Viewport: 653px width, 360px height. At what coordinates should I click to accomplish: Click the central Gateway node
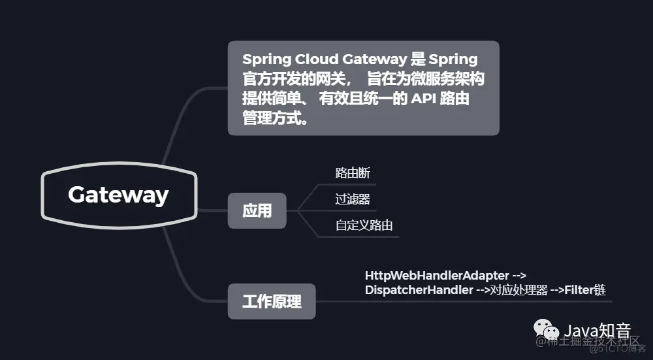pos(118,195)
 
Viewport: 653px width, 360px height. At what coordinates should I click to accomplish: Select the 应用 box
pos(257,210)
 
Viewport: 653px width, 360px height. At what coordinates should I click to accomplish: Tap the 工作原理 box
pos(272,301)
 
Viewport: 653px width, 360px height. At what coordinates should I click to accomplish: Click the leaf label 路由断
pos(353,173)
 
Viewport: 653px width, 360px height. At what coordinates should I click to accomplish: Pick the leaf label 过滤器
pos(353,199)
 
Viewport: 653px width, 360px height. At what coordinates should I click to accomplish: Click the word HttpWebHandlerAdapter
pos(437,275)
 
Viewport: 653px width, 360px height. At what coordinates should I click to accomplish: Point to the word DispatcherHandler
pos(419,289)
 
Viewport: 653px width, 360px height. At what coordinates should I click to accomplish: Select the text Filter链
pos(585,289)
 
